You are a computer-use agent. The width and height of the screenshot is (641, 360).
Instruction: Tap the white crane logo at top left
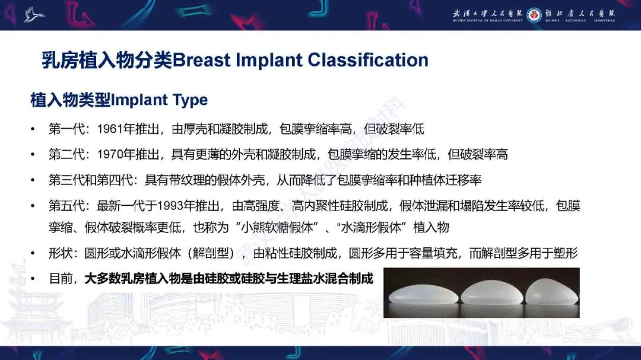click(x=34, y=14)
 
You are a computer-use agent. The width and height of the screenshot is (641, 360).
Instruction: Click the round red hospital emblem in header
click(x=534, y=14)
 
